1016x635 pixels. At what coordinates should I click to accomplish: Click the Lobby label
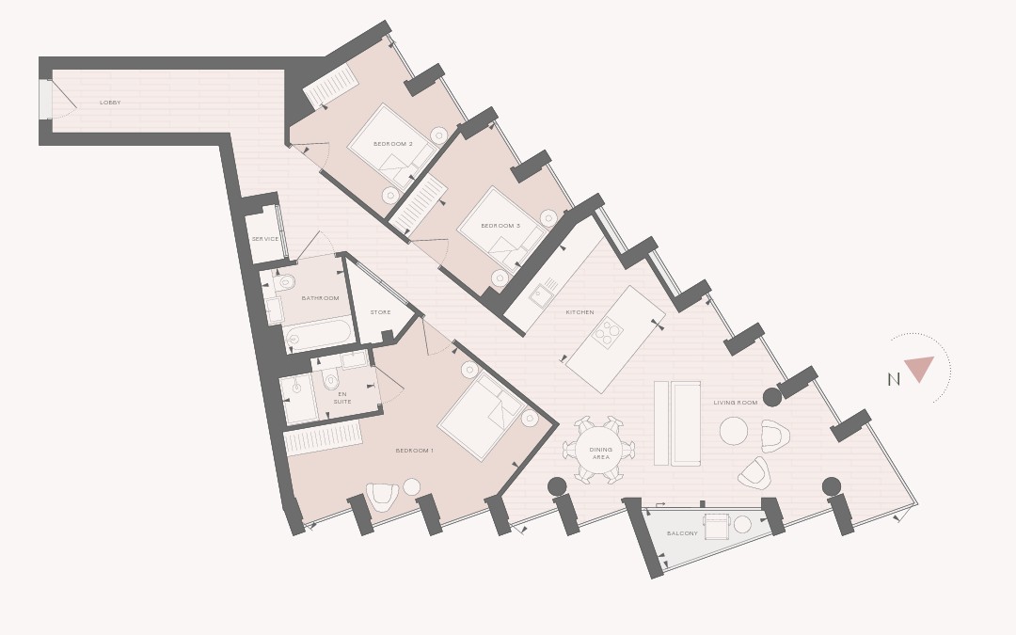(110, 103)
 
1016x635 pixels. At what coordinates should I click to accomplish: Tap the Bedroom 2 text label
(392, 144)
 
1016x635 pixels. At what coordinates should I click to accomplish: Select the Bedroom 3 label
(500, 226)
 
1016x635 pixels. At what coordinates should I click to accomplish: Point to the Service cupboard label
(265, 239)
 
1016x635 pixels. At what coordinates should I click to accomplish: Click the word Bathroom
(320, 298)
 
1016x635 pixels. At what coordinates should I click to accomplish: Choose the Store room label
(380, 312)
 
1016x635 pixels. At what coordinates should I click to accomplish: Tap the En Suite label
(342, 398)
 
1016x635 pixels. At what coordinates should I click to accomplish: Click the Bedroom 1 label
(415, 451)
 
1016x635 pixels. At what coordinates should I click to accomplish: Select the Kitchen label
(579, 312)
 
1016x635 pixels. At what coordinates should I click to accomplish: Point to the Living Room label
(736, 403)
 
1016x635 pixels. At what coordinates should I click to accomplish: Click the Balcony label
(682, 533)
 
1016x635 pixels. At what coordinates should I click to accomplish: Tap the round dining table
(599, 451)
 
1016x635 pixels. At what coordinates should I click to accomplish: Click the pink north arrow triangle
(919, 368)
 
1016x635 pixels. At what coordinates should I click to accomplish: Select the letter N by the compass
(894, 380)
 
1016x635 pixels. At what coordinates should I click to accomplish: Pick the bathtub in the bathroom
(319, 335)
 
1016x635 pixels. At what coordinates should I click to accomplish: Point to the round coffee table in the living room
(734, 431)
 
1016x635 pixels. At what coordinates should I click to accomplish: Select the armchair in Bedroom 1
(382, 497)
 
